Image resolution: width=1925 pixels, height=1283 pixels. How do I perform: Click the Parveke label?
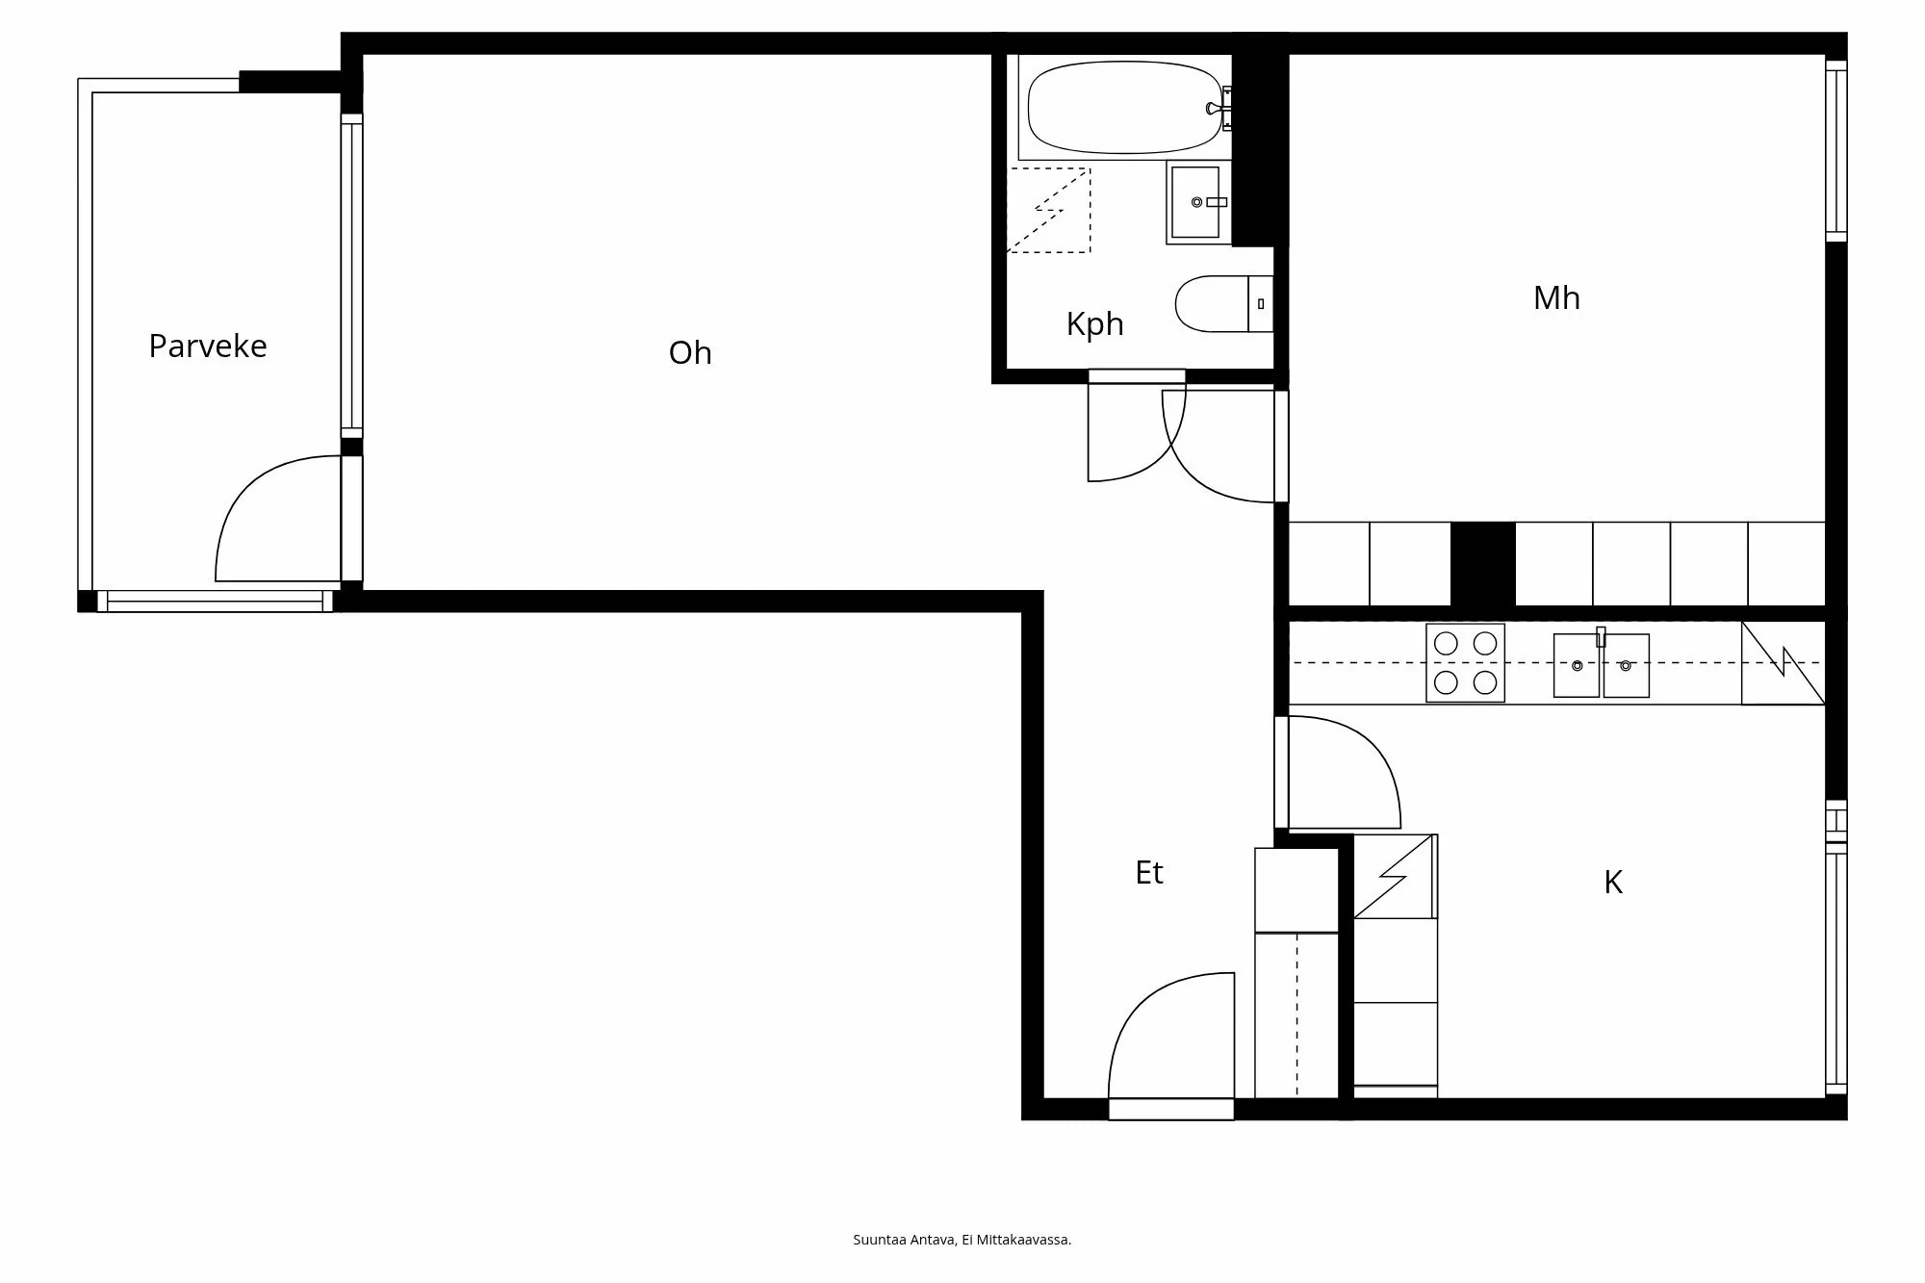coord(208,346)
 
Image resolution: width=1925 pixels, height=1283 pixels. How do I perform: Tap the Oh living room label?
coord(690,352)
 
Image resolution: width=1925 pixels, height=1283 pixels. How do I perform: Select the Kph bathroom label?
coord(1094,323)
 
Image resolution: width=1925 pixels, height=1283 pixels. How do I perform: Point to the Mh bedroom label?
coord(1556,297)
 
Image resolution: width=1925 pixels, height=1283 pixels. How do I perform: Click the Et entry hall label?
coord(1149,872)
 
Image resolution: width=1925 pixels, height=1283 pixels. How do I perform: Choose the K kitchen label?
coord(1613,882)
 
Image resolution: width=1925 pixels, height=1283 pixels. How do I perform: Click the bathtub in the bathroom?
coord(1124,108)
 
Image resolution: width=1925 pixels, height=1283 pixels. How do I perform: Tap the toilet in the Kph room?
coord(1222,304)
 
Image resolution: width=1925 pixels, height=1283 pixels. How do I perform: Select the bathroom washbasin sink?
coord(1196,202)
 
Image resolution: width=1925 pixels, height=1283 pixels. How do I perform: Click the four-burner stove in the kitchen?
coord(1465,663)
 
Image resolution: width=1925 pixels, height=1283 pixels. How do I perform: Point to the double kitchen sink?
coord(1601,665)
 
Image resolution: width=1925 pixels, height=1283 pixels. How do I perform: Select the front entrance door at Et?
coord(1170,1109)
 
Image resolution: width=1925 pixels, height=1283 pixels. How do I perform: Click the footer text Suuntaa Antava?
coord(962,1240)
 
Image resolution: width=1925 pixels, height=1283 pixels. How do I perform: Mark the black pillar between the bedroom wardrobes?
coord(1482,564)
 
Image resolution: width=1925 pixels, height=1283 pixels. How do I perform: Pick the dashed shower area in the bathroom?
coord(1048,211)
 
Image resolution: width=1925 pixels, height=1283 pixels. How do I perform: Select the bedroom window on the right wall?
coord(1836,151)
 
